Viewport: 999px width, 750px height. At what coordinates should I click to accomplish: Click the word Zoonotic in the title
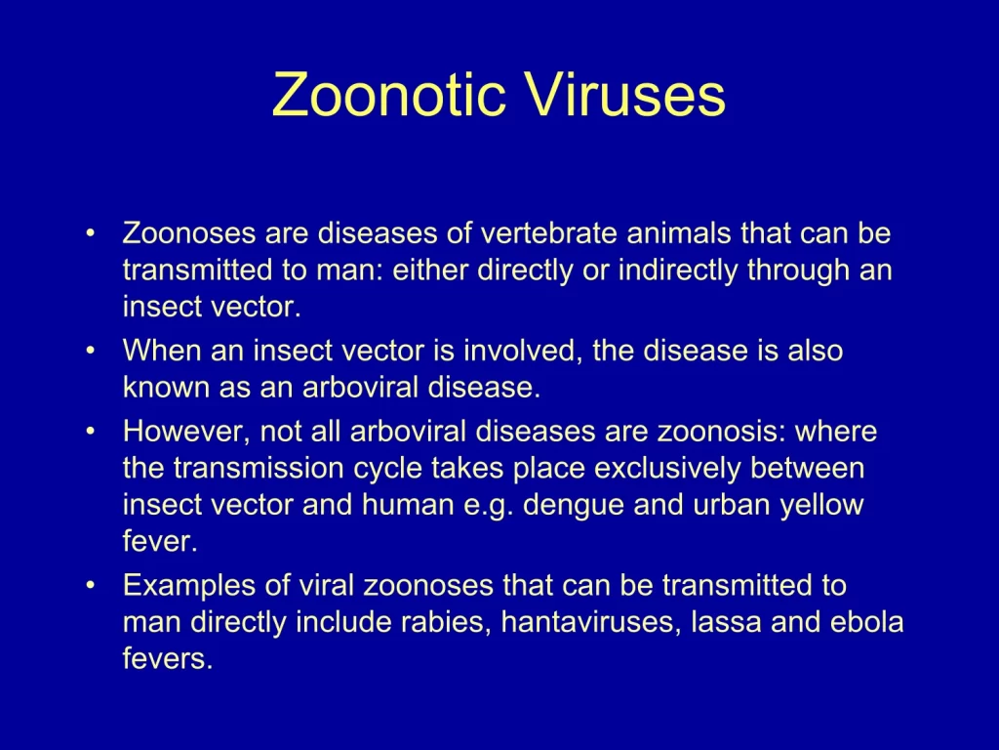[388, 95]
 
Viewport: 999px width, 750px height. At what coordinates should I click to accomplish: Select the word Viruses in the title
[625, 95]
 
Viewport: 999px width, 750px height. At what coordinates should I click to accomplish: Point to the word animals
[679, 232]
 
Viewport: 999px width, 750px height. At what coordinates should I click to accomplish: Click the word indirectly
[678, 271]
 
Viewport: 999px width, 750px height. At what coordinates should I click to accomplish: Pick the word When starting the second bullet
[162, 351]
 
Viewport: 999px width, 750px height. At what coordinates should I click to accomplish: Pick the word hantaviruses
[591, 623]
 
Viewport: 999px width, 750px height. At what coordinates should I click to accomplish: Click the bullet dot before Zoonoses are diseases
[90, 232]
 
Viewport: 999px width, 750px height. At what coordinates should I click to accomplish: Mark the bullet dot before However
[90, 432]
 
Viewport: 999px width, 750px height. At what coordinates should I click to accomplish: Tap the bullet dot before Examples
[90, 586]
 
